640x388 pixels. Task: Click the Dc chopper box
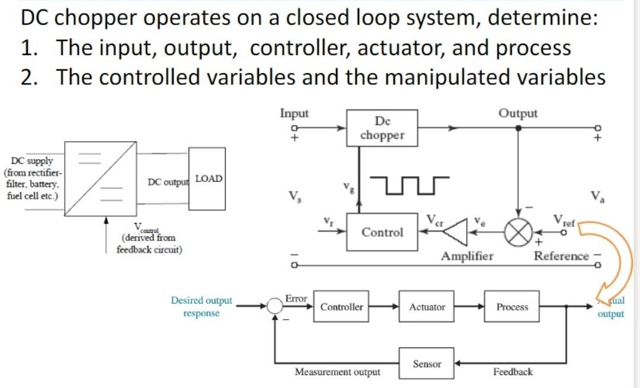point(382,128)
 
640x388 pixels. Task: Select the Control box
point(382,232)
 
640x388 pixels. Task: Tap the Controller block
point(341,307)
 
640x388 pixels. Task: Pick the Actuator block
point(427,307)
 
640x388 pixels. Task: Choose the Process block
point(511,307)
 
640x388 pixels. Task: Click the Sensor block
point(427,364)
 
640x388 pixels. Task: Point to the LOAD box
point(207,179)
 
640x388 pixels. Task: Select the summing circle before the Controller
point(275,306)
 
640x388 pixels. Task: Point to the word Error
point(295,298)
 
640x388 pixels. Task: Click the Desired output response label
point(201,307)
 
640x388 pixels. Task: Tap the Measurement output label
point(338,372)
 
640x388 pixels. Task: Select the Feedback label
point(513,372)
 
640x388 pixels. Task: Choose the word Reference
point(561,256)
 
